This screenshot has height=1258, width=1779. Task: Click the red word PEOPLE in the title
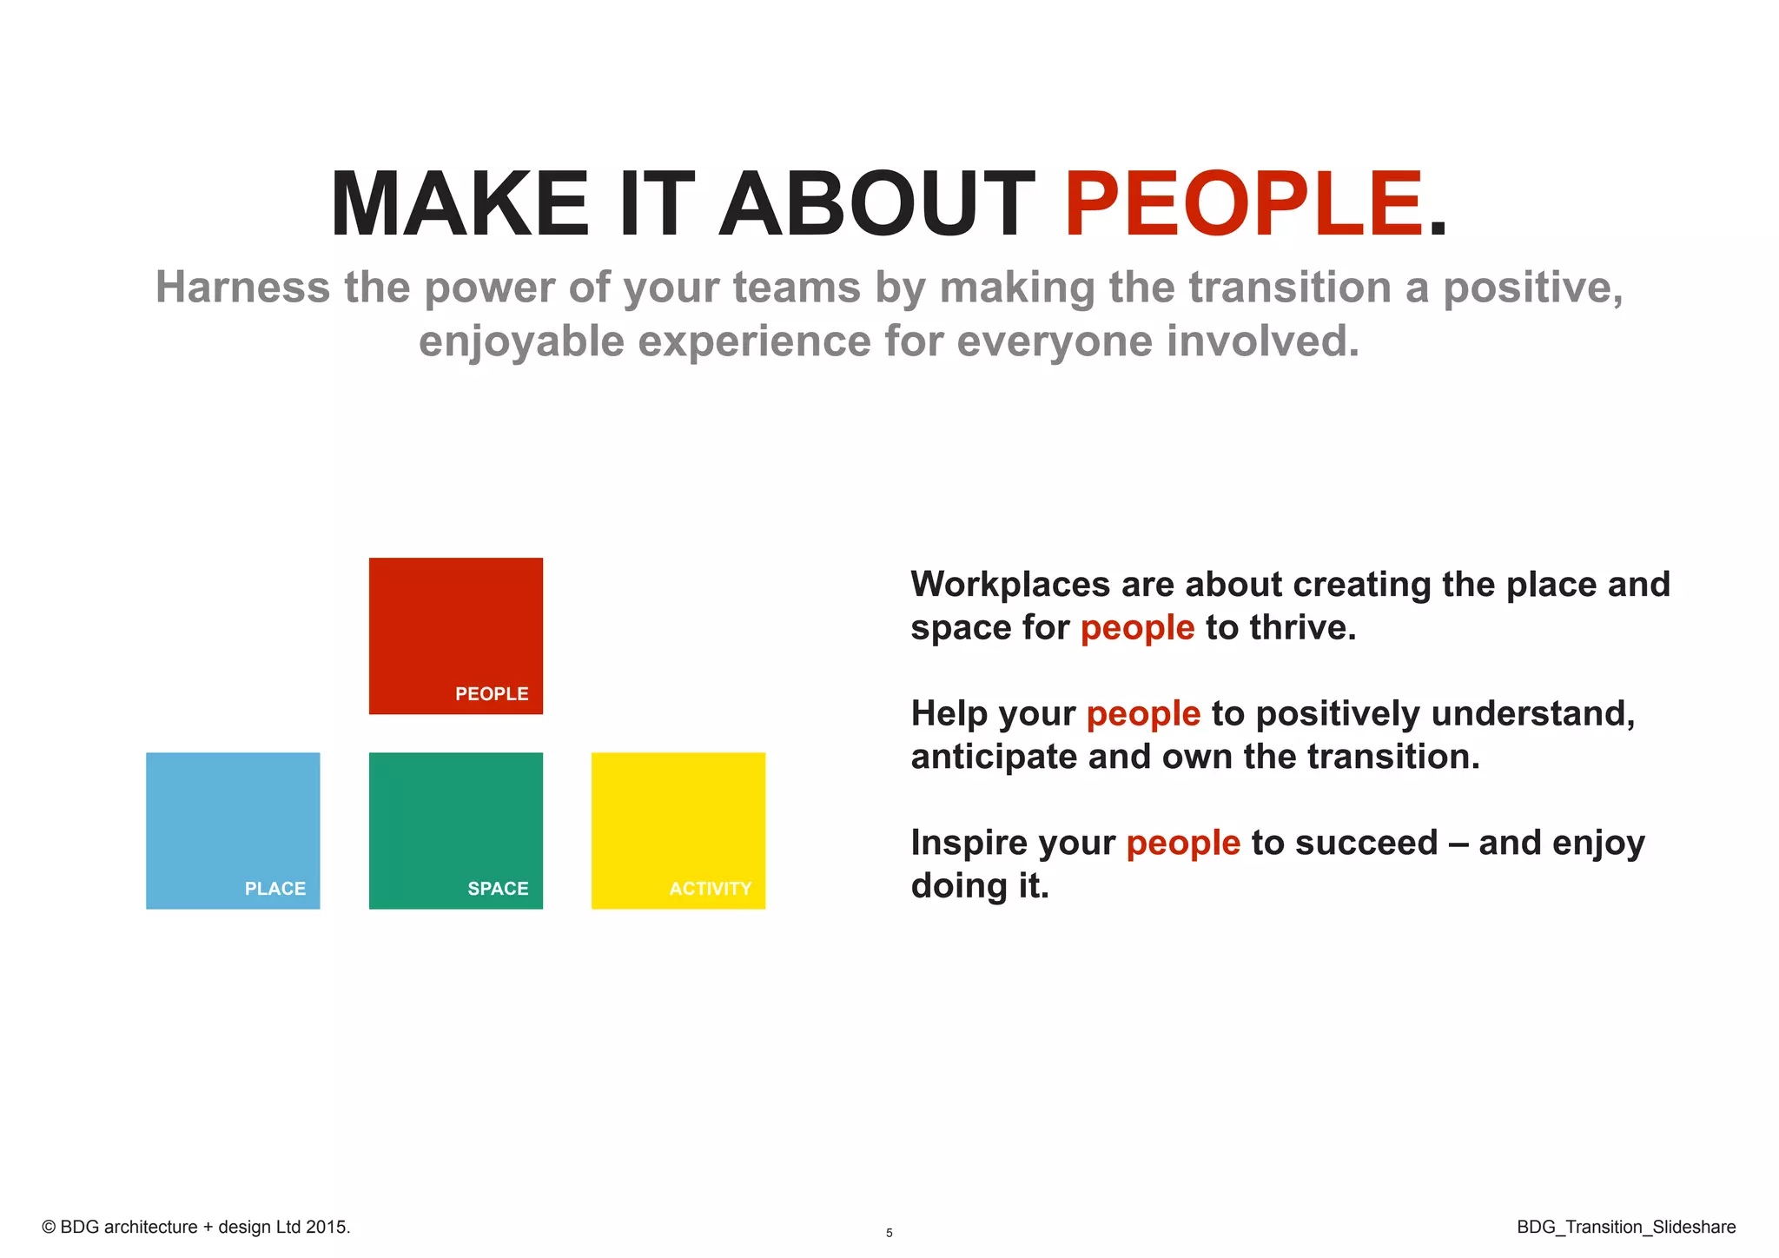pos(1242,205)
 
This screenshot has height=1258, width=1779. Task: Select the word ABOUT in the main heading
pos(876,205)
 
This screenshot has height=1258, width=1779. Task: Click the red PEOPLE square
pos(455,626)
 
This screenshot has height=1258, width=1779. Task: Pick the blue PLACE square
pos(233,821)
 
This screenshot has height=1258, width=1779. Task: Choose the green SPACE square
pos(455,821)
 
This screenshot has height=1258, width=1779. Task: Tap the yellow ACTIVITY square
pos(678,821)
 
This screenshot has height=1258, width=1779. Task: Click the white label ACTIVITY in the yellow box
pos(710,889)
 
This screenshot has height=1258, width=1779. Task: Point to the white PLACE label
pos(274,889)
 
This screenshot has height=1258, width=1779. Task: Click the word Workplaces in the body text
pos(1010,586)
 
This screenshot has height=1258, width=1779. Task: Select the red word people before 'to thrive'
pos(1137,628)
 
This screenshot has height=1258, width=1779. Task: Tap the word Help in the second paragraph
pos(949,713)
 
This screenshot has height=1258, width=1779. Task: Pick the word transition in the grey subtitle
pos(1290,288)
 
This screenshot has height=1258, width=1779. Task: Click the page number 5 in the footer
pos(889,1233)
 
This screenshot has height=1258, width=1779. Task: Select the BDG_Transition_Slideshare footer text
pos(1626,1227)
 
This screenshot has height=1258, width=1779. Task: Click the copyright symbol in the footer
pos(49,1228)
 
